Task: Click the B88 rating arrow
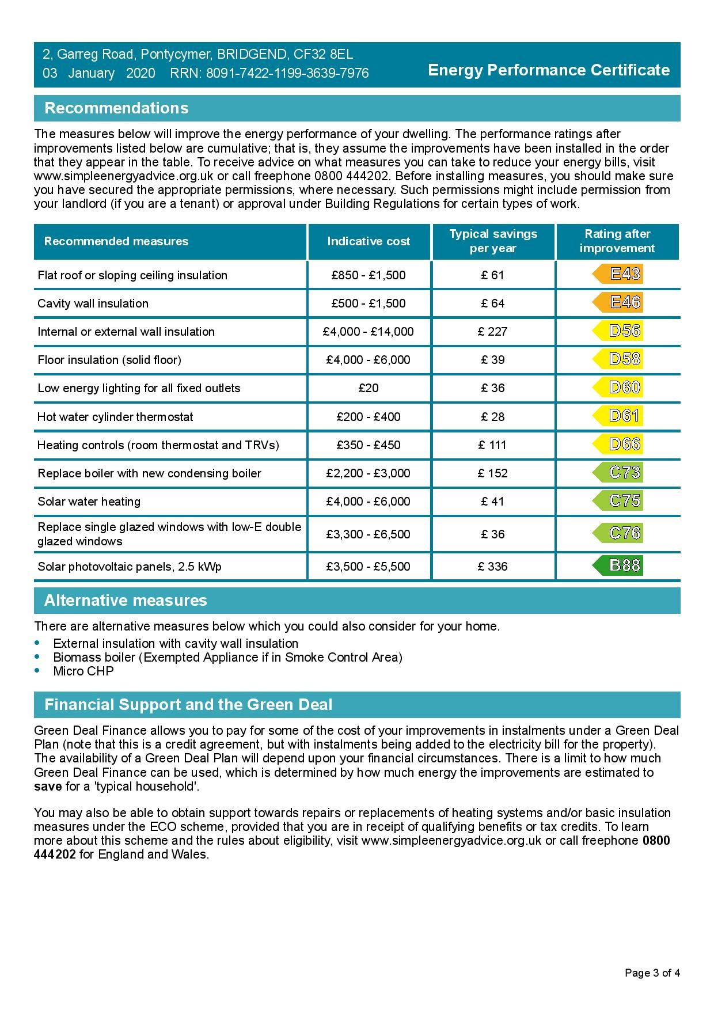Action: pyautogui.click(x=618, y=565)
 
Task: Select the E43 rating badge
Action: pyautogui.click(x=618, y=274)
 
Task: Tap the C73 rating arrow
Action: pyautogui.click(x=618, y=473)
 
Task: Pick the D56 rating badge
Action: pyautogui.click(x=618, y=331)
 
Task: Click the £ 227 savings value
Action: pyautogui.click(x=493, y=332)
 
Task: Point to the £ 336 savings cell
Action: pyautogui.click(x=493, y=567)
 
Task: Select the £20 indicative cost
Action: pyautogui.click(x=369, y=388)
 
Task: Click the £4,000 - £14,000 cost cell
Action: pyautogui.click(x=369, y=332)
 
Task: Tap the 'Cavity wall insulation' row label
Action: pyautogui.click(x=93, y=303)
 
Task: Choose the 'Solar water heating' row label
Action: pyautogui.click(x=89, y=502)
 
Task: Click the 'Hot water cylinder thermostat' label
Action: pyautogui.click(x=115, y=417)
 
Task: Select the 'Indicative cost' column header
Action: pyautogui.click(x=369, y=241)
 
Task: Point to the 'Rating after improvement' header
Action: pyautogui.click(x=617, y=241)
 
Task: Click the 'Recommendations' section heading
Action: pyautogui.click(x=116, y=108)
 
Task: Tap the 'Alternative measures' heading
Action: pyautogui.click(x=126, y=601)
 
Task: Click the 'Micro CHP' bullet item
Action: pyautogui.click(x=83, y=671)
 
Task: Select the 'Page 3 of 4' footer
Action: pyautogui.click(x=652, y=973)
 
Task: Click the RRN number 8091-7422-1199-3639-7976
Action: pyautogui.click(x=287, y=74)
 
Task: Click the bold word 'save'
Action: pyautogui.click(x=48, y=787)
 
